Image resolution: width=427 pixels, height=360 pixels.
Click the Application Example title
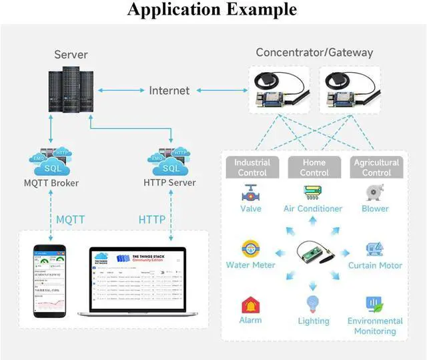[x=212, y=10]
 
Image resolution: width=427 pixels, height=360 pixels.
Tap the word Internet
[x=169, y=90]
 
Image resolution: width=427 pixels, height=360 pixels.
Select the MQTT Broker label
[x=51, y=183]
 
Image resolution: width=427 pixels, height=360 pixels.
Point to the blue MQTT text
[x=70, y=219]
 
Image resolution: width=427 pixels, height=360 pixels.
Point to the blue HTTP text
[x=152, y=219]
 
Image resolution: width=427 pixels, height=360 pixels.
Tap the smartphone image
[x=51, y=281]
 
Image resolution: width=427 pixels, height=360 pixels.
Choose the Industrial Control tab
[x=252, y=167]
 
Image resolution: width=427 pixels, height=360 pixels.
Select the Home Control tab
[x=314, y=167]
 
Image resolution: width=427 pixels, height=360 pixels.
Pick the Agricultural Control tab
[x=376, y=167]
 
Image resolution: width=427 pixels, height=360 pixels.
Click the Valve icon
[x=250, y=193]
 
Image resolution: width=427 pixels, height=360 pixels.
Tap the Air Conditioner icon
[x=313, y=193]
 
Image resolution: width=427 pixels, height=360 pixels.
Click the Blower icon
[x=375, y=193]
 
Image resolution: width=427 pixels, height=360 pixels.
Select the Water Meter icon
[x=251, y=248]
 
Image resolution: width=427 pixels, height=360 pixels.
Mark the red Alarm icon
[x=250, y=305]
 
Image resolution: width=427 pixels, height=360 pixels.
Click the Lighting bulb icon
[x=314, y=305]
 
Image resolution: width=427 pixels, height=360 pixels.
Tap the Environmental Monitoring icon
[x=374, y=306]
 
